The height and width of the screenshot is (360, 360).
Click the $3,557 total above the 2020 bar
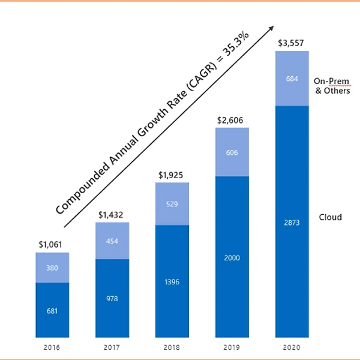292,43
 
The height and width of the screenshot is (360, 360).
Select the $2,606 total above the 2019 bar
232,120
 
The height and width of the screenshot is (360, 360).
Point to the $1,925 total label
172,175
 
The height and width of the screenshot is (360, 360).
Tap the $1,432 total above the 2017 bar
112,215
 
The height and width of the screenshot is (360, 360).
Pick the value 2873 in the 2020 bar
292,223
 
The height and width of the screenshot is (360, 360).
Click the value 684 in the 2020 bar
292,79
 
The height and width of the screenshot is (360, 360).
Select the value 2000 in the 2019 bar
232,258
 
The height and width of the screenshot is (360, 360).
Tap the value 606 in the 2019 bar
232,152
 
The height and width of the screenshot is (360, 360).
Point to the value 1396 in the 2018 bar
172,281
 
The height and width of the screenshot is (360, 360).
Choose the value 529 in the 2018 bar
172,204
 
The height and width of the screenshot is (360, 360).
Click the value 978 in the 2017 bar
112,299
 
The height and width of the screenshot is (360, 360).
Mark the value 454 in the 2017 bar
112,241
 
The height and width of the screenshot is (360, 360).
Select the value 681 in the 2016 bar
52,311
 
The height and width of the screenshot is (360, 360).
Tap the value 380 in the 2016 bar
52,268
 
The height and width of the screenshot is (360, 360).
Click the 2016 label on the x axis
52,347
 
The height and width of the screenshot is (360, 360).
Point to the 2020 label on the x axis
292,347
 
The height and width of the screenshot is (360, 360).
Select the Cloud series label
331,217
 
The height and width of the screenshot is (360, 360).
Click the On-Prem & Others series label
332,86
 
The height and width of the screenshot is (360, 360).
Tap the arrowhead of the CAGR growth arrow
272,29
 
